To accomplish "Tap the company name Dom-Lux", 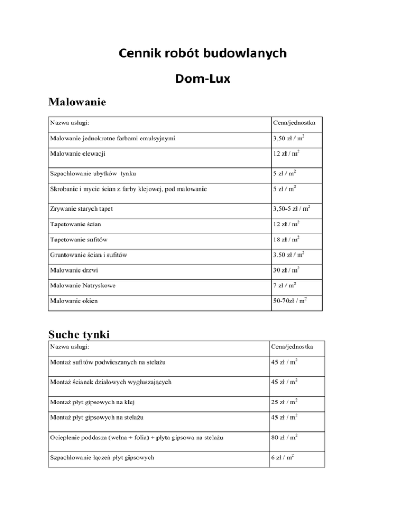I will [202, 79].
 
